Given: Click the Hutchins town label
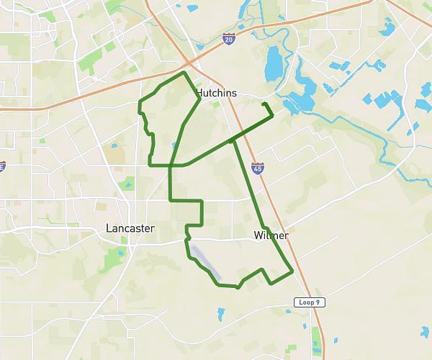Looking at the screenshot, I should (217, 93).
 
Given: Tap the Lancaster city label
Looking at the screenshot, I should (130, 228).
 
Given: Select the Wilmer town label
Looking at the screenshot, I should (271, 235).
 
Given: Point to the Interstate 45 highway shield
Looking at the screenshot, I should (257, 168).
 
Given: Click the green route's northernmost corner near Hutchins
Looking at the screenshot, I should (185, 73).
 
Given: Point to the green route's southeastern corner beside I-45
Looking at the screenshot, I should (293, 271).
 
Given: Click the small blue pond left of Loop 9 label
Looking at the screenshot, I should (220, 314).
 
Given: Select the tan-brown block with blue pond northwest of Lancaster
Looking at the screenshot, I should (113, 153).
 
